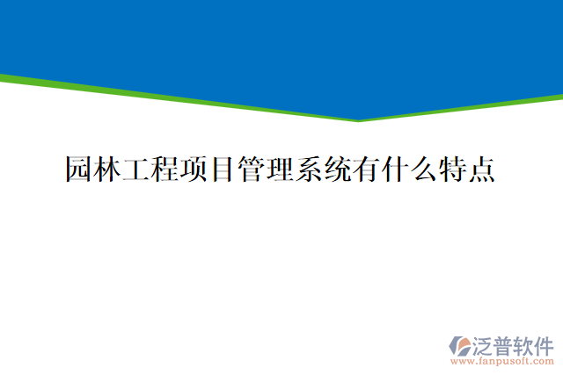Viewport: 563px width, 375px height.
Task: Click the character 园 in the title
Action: pyautogui.click(x=80, y=169)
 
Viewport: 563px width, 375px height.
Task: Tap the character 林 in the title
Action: pyautogui.click(x=108, y=169)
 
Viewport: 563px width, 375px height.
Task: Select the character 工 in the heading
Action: pyautogui.click(x=136, y=169)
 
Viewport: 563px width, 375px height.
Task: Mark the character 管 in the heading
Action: pyautogui.click(x=251, y=169)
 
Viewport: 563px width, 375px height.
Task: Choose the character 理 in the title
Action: pyautogui.click(x=280, y=169)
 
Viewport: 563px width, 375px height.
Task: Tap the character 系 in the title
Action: pyautogui.click(x=308, y=169)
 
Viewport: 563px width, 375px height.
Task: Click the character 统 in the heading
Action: pyautogui.click(x=337, y=169)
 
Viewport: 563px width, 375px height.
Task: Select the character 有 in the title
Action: pyautogui.click(x=365, y=169)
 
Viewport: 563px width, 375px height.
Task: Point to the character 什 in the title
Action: pyautogui.click(x=394, y=169)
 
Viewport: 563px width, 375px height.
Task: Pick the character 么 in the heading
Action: pyautogui.click(x=422, y=169)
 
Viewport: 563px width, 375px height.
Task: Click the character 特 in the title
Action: pyautogui.click(x=451, y=169)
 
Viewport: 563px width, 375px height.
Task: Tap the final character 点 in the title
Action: pyautogui.click(x=479, y=169)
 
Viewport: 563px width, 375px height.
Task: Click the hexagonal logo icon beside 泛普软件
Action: pyautogui.click(x=461, y=345)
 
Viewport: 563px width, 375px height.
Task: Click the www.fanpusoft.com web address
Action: pyautogui.click(x=502, y=360)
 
